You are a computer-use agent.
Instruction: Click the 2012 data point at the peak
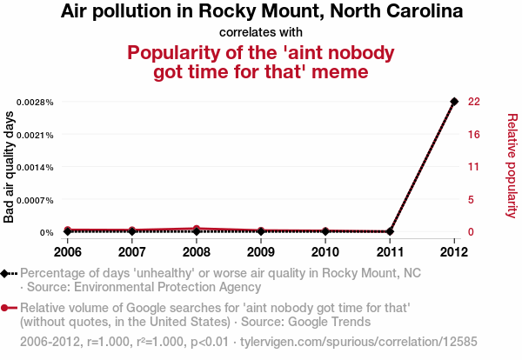454,102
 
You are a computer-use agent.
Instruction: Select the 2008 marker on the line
197,230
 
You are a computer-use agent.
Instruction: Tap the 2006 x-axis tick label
68,251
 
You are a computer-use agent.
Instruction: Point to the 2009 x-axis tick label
261,251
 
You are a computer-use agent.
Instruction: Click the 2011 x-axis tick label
390,251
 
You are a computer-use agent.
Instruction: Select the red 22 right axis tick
474,102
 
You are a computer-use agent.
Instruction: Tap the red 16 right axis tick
474,134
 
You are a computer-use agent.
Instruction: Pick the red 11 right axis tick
474,167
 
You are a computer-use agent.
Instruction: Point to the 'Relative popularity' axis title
512,165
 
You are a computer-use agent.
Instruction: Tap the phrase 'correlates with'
261,33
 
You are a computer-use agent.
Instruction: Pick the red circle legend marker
5,308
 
